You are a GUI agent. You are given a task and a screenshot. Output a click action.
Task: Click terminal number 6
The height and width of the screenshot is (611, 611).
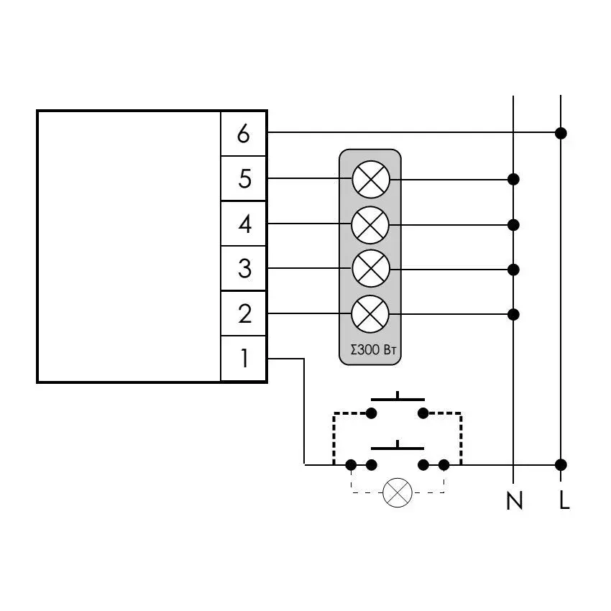[244, 134]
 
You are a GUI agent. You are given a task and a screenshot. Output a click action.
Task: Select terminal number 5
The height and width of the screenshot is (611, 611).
[244, 179]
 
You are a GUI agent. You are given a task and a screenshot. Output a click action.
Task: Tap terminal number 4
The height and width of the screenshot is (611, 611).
[244, 224]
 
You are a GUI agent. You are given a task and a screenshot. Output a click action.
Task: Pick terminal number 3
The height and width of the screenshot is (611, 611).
[244, 269]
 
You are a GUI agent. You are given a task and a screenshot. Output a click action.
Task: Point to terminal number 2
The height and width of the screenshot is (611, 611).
[244, 313]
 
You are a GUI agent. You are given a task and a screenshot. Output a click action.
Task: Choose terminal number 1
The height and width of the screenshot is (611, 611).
[244, 358]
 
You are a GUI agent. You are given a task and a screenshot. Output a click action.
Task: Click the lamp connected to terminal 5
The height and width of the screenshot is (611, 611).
[371, 179]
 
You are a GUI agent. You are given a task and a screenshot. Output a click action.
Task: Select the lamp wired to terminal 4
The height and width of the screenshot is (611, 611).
[370, 225]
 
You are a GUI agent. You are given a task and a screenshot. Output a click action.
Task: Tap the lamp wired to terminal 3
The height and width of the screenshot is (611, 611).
[371, 269]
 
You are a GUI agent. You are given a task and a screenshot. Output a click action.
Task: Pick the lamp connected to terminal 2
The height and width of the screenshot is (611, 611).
[370, 314]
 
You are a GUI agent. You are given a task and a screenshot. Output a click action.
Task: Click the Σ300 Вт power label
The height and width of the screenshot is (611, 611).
[373, 350]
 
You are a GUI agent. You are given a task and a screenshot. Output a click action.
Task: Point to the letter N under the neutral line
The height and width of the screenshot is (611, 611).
[515, 500]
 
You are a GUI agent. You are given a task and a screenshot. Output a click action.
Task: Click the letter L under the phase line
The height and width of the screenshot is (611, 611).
[564, 500]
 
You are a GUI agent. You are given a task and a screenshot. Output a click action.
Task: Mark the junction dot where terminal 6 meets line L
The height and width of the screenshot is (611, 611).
[561, 133]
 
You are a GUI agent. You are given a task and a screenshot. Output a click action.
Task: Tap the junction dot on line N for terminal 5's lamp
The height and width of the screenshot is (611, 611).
[513, 179]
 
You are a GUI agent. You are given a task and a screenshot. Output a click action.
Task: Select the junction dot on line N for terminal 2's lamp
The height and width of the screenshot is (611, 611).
[513, 314]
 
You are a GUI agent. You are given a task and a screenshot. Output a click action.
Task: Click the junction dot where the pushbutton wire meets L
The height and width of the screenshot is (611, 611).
[561, 465]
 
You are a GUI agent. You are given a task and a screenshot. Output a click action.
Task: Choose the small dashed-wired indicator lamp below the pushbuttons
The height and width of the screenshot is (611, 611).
[398, 492]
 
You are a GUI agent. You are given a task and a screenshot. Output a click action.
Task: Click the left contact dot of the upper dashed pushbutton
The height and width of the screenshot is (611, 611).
[372, 413]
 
